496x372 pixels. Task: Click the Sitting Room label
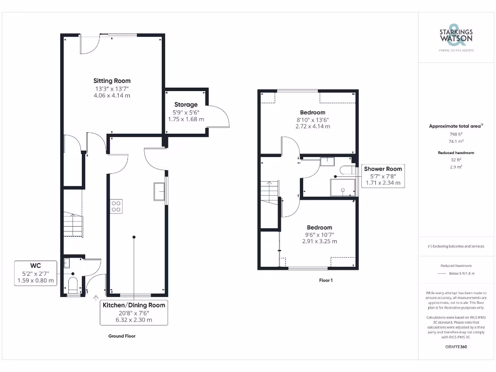(112, 81)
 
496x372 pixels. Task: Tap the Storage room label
(186, 105)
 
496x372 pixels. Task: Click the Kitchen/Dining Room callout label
(134, 305)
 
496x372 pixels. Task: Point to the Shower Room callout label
(383, 169)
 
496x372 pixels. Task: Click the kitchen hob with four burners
(116, 206)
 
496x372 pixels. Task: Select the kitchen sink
(159, 191)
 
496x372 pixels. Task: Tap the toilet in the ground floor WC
(73, 286)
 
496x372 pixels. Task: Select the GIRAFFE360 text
(456, 347)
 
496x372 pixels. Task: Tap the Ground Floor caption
(122, 336)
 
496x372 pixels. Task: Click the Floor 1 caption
(325, 280)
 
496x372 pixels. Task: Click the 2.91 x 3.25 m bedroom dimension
(319, 241)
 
